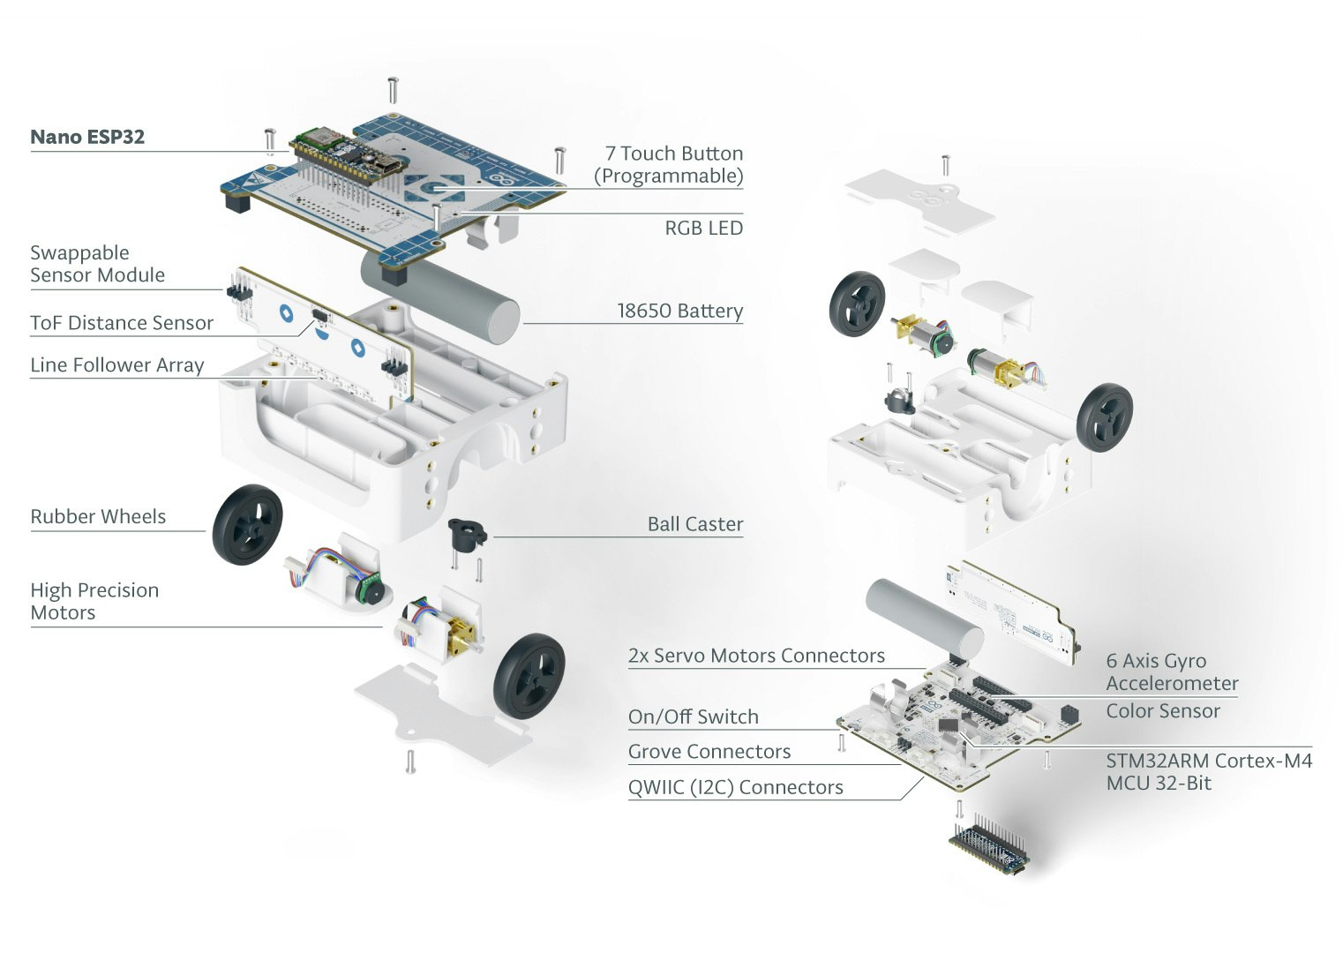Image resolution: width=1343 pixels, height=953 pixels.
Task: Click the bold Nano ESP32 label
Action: (87, 137)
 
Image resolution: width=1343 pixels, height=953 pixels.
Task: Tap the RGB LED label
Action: (703, 228)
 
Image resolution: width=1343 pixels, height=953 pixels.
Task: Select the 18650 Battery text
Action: (679, 311)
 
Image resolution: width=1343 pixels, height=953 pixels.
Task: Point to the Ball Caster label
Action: (694, 524)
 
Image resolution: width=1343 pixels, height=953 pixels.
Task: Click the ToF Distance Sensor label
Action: (122, 323)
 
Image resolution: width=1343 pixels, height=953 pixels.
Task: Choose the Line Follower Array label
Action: (117, 365)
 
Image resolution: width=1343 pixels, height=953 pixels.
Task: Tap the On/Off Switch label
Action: (693, 717)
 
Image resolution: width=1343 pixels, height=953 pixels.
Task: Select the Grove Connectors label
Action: (709, 752)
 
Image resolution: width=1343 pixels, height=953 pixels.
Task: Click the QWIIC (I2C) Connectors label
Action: (735, 787)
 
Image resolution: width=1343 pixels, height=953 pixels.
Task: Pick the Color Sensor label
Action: (1163, 711)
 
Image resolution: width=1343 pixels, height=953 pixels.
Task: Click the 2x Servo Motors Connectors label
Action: (756, 656)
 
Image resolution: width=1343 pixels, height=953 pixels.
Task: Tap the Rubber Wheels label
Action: (98, 517)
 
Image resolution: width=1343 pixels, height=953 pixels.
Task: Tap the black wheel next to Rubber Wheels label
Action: (248, 524)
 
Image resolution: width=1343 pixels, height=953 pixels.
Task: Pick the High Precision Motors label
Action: (94, 601)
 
